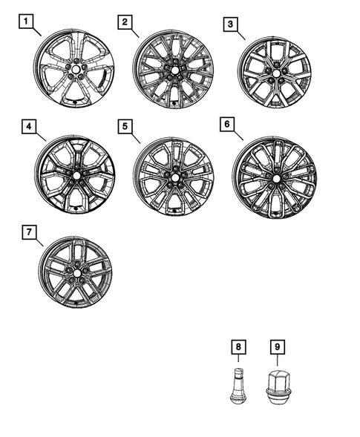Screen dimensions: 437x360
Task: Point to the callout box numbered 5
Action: (x=124, y=126)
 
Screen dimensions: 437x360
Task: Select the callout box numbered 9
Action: (x=276, y=346)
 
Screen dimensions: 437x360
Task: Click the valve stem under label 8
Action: (x=236, y=383)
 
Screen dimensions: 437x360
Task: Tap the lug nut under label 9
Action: (x=276, y=384)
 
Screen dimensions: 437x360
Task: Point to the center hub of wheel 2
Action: (x=173, y=72)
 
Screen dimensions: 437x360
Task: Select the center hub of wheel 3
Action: (x=274, y=73)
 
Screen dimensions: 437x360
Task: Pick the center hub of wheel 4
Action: (x=76, y=176)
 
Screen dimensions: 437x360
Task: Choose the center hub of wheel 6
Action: (x=275, y=179)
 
